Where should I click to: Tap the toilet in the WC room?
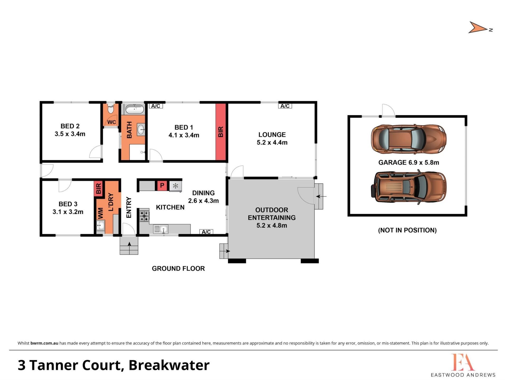pyautogui.click(x=111, y=108)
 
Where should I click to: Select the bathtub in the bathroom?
pyautogui.click(x=134, y=109)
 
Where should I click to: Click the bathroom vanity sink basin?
pyautogui.click(x=141, y=129)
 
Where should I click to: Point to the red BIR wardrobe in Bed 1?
pyautogui.click(x=221, y=132)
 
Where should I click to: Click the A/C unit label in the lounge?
pyautogui.click(x=285, y=106)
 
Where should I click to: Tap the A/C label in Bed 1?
pyautogui.click(x=156, y=106)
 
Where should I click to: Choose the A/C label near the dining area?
pyautogui.click(x=206, y=232)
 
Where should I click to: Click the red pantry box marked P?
pyautogui.click(x=162, y=186)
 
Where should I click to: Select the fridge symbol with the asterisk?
pyautogui.click(x=175, y=186)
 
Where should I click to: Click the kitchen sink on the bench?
pyautogui.click(x=161, y=229)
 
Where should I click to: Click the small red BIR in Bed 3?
pyautogui.click(x=98, y=188)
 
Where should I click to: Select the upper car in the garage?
pyautogui.click(x=409, y=139)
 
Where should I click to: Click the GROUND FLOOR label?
pyautogui.click(x=178, y=268)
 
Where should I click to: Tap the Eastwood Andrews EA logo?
pyautogui.click(x=463, y=365)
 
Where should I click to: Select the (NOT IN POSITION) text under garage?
pyautogui.click(x=407, y=230)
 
